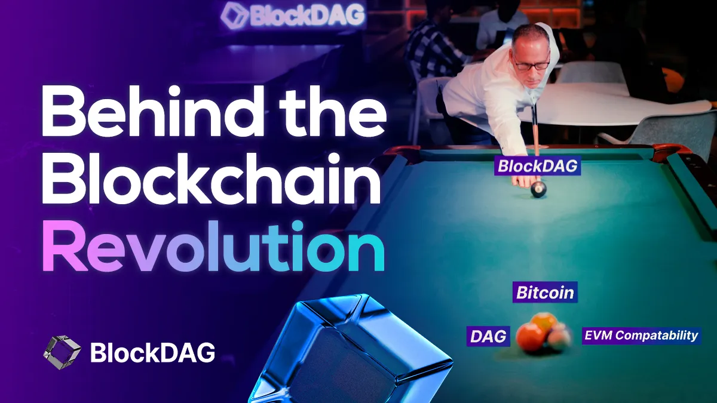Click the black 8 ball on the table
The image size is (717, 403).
click(538, 189)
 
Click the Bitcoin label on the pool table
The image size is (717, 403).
click(544, 293)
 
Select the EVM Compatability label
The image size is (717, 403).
click(641, 335)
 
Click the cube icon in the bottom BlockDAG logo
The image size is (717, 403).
click(62, 352)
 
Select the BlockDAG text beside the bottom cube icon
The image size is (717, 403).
click(152, 352)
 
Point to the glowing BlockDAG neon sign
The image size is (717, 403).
click(292, 16)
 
